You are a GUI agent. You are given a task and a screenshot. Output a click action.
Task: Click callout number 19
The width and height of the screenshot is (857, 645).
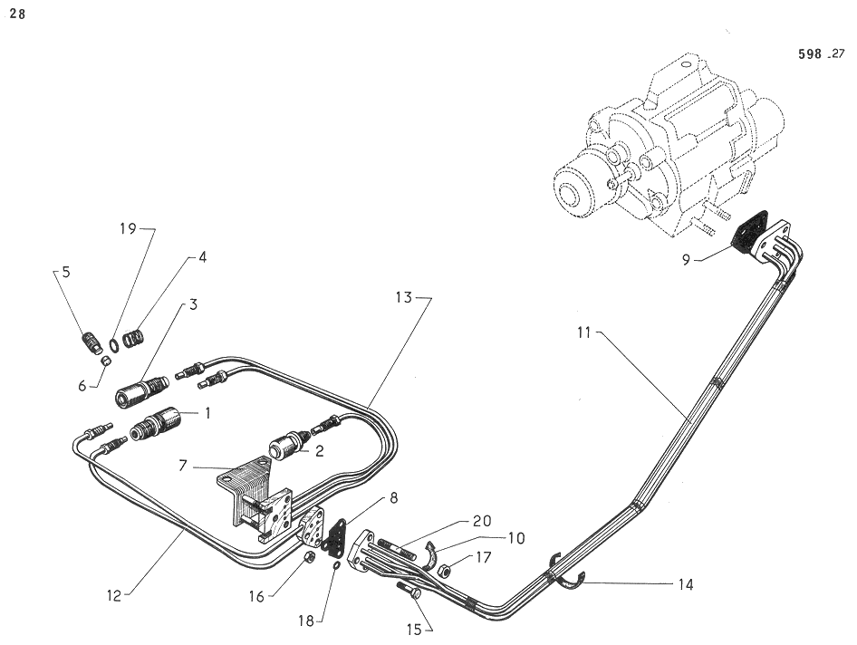pos(129,229)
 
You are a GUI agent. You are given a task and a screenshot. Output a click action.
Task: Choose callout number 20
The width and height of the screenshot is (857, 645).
pos(481,521)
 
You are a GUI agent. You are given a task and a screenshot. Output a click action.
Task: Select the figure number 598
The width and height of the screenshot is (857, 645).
pos(809,54)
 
